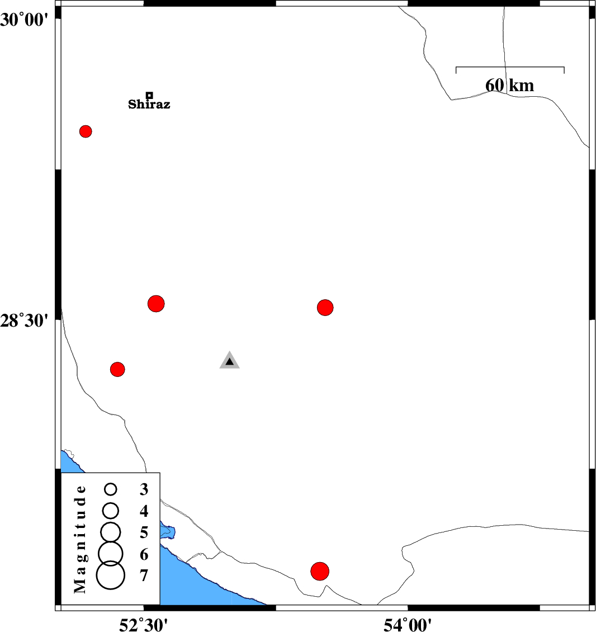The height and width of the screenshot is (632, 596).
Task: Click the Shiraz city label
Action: (149, 105)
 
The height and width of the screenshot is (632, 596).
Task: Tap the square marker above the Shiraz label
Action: (149, 95)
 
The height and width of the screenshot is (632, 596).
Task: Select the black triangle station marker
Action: (229, 361)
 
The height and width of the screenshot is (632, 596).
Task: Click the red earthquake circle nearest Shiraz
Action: (86, 131)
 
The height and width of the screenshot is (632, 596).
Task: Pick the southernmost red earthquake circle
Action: (319, 571)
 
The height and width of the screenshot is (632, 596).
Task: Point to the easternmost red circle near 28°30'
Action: (325, 307)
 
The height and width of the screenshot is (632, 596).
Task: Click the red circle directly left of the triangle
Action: (117, 369)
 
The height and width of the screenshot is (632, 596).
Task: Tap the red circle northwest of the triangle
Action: (156, 304)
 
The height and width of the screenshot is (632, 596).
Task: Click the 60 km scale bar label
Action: (509, 86)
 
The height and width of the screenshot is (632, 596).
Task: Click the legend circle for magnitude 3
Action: (111, 489)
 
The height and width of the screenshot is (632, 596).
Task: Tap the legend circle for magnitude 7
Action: (111, 576)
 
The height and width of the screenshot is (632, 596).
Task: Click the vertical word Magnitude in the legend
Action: (81, 539)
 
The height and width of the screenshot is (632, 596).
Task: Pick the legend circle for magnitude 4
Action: (111, 510)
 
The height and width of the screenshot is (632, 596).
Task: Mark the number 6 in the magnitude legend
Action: (144, 554)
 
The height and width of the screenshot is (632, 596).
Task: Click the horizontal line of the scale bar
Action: (510, 67)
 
